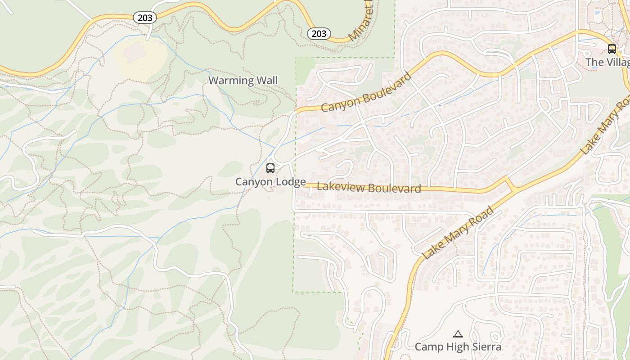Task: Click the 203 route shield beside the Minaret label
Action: click(319, 33)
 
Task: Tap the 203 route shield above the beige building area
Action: click(145, 18)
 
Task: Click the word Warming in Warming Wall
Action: click(231, 81)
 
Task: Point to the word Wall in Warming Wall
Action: click(267, 81)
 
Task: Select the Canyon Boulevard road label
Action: click(367, 92)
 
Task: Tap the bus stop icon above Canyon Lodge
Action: click(270, 168)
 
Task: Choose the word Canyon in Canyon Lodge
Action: click(254, 182)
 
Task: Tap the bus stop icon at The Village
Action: click(612, 49)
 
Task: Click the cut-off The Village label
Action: click(607, 62)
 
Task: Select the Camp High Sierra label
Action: click(458, 347)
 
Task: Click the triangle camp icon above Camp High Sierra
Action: click(458, 334)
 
